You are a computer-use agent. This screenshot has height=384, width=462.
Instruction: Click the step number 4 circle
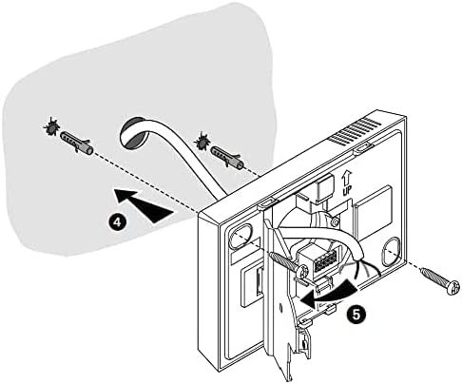point(117,221)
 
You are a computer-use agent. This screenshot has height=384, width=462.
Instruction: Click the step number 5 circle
point(356,315)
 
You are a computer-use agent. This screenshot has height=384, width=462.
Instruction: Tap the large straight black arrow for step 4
point(144,204)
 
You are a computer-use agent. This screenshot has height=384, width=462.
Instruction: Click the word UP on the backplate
point(347,191)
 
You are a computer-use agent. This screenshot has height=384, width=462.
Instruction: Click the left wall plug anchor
point(76,143)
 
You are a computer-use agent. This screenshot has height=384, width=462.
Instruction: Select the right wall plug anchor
point(227,156)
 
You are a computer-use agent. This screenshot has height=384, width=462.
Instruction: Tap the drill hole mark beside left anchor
point(51,125)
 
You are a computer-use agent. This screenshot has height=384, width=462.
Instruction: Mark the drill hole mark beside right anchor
point(202,142)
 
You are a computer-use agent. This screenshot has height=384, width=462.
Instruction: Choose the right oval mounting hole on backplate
point(393,251)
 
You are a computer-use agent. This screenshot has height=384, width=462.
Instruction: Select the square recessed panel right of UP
point(374,215)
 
